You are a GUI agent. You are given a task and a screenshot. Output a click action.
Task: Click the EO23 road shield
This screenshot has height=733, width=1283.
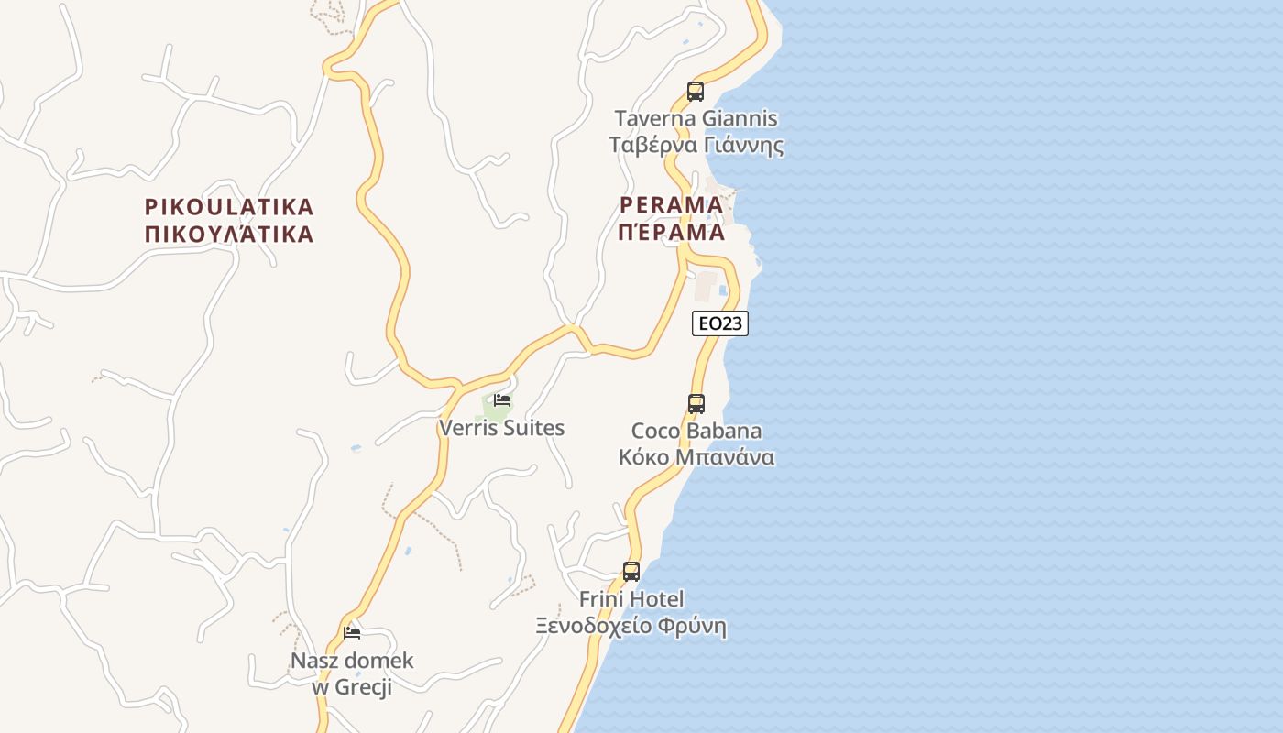coord(720,323)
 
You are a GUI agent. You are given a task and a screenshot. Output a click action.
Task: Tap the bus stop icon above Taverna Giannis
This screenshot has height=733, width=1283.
coord(696,92)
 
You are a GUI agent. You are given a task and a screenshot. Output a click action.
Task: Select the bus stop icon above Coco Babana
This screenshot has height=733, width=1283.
coord(696,403)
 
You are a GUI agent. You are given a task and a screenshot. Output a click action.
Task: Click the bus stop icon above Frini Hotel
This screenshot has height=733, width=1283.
coord(631,572)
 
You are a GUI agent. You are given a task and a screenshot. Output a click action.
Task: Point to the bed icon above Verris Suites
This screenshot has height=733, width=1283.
coord(502,400)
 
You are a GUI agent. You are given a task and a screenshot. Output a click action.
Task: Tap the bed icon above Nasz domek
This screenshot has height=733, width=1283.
coord(352,632)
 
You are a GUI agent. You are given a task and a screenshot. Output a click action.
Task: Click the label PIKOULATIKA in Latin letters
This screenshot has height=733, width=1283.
coord(229,207)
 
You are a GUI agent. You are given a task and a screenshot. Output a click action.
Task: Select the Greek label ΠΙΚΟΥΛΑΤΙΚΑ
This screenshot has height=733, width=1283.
coord(229,234)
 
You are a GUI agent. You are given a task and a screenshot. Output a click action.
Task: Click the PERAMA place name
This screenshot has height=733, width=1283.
coord(672,204)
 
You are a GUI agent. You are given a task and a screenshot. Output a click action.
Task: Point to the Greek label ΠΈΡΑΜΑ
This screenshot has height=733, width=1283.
coord(672,232)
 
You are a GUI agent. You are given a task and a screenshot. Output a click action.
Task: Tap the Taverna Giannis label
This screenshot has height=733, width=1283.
coord(696,118)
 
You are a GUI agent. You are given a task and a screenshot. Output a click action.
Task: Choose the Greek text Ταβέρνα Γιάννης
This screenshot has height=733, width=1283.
coord(696,145)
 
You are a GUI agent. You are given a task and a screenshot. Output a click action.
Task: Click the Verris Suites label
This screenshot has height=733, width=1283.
coord(502,428)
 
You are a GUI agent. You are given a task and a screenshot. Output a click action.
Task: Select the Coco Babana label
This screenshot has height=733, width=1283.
coord(696,431)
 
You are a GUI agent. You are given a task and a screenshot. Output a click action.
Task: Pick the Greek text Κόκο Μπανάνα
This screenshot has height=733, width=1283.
coord(696,457)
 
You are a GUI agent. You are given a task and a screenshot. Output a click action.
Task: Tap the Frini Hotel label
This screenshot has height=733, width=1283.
coord(631,599)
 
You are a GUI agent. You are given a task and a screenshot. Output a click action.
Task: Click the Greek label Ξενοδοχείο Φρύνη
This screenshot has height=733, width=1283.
coord(631,627)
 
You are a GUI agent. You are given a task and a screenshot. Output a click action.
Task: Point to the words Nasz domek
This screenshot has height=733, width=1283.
coord(352,660)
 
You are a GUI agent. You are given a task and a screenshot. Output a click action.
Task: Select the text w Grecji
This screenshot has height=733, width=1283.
coord(352,686)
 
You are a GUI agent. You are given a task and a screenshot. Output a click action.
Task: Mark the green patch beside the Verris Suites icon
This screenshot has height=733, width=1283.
coord(489,412)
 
